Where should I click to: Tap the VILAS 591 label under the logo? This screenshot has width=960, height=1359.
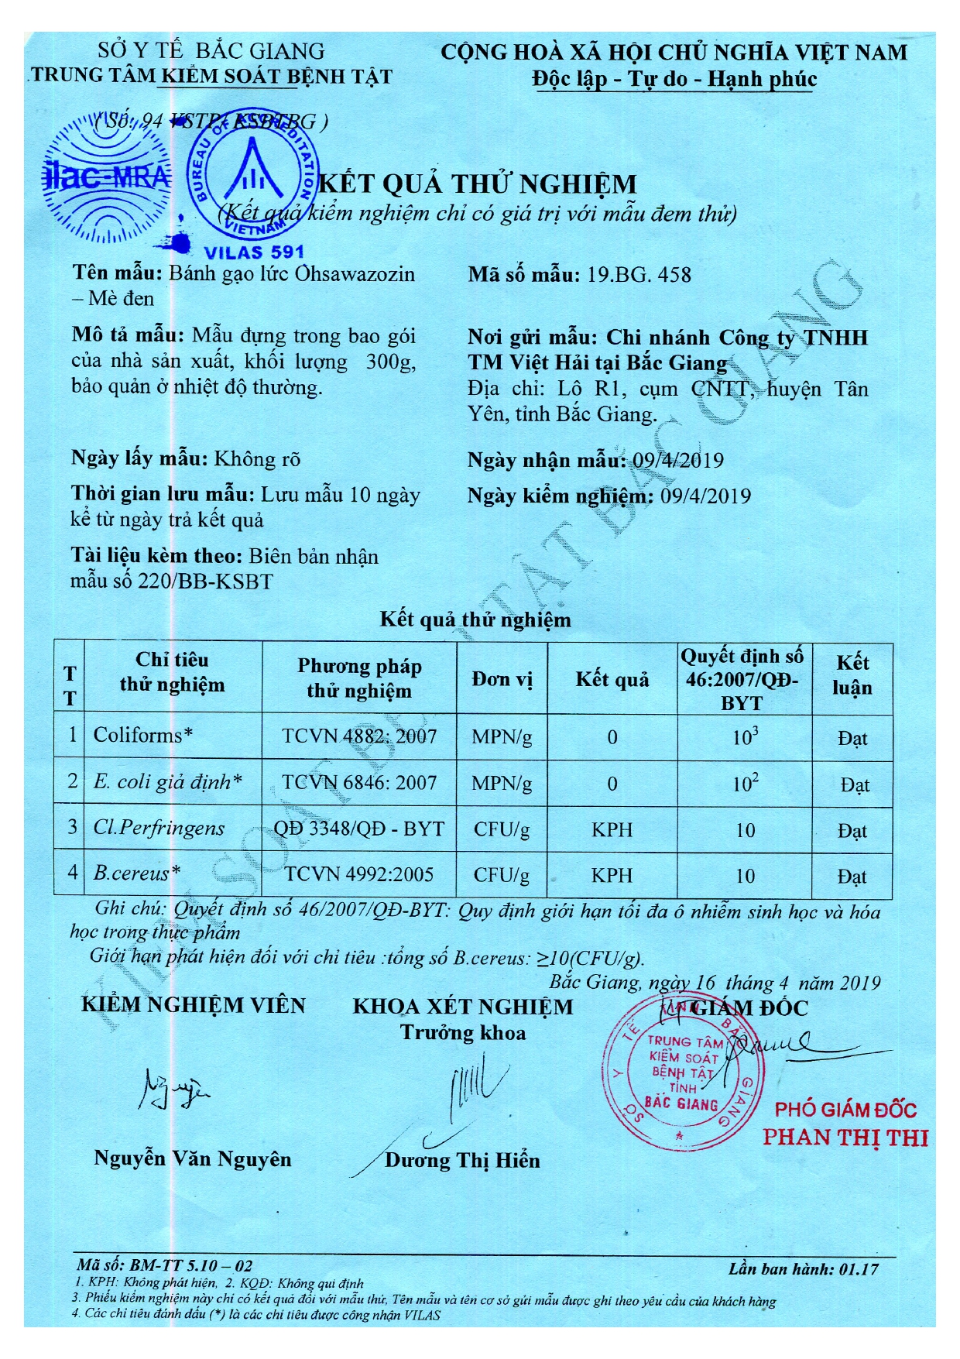(x=253, y=252)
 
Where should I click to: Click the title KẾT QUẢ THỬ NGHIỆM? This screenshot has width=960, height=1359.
(x=478, y=184)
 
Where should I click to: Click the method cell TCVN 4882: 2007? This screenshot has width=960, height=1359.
(x=359, y=736)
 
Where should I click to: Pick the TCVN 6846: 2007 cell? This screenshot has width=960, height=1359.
(x=359, y=783)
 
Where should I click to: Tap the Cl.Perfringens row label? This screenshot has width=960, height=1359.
(x=159, y=828)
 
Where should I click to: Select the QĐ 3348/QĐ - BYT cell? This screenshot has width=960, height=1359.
(x=359, y=829)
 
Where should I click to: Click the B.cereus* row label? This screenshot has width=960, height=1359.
(x=137, y=873)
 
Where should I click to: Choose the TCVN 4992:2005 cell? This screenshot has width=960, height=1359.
(x=359, y=874)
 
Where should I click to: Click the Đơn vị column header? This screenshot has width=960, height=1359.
(x=502, y=679)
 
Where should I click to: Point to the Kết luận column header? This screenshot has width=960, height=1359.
(x=852, y=675)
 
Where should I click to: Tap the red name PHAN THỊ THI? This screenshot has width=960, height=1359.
(x=845, y=1138)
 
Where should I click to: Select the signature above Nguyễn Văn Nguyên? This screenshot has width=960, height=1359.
(x=174, y=1089)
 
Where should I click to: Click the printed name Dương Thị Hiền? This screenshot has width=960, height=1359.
(x=462, y=1160)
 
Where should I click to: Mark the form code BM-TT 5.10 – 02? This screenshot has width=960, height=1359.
(x=165, y=1266)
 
